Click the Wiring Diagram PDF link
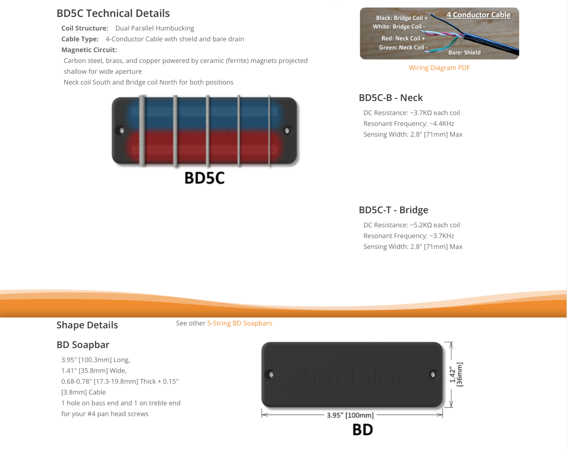439,68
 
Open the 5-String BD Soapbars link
240,323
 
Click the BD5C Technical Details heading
113,13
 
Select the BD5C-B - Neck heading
391,97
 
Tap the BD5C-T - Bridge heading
394,210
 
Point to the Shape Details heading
87,325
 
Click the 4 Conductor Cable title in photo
478,15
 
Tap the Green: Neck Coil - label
403,47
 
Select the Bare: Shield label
464,53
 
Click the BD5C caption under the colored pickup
204,178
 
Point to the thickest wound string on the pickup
141,131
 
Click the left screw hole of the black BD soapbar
271,374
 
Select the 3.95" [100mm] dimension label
350,415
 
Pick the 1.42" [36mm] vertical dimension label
456,374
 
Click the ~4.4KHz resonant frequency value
442,123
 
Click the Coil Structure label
85,28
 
